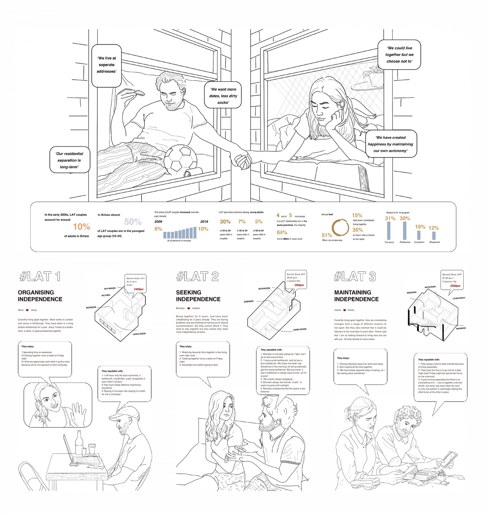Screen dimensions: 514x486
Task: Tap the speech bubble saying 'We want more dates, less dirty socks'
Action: coord(223,95)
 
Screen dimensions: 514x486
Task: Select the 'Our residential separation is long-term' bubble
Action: coord(70,160)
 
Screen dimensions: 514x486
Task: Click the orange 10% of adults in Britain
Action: coord(81,227)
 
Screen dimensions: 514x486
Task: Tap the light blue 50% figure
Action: coord(133,222)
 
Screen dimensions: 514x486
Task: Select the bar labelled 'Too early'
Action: coord(389,231)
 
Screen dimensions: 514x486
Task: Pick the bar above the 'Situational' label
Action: coord(434,236)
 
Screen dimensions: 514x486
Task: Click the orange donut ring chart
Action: coord(340,227)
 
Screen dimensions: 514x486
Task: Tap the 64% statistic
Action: coord(282,233)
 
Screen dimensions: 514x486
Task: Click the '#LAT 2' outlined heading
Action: coord(197,276)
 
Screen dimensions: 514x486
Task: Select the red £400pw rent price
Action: coord(139,289)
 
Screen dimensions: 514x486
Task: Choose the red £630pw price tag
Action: coord(455,286)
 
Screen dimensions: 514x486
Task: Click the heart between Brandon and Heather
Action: coord(189,308)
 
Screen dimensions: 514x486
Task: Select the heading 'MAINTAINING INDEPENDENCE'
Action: coord(356,296)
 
